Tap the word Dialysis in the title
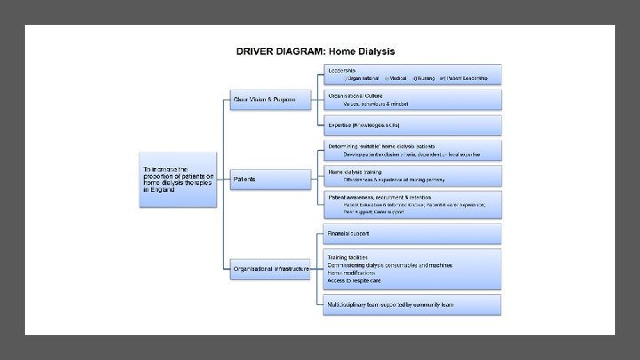pos(374,50)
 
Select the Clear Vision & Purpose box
pos(269,99)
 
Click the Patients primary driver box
pos(269,179)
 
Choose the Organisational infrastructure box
pos(269,268)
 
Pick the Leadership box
pos(413,74)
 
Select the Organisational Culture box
pos(413,99)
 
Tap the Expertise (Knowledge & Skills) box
pos(413,125)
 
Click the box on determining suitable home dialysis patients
pos(413,149)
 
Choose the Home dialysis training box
pos(413,175)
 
